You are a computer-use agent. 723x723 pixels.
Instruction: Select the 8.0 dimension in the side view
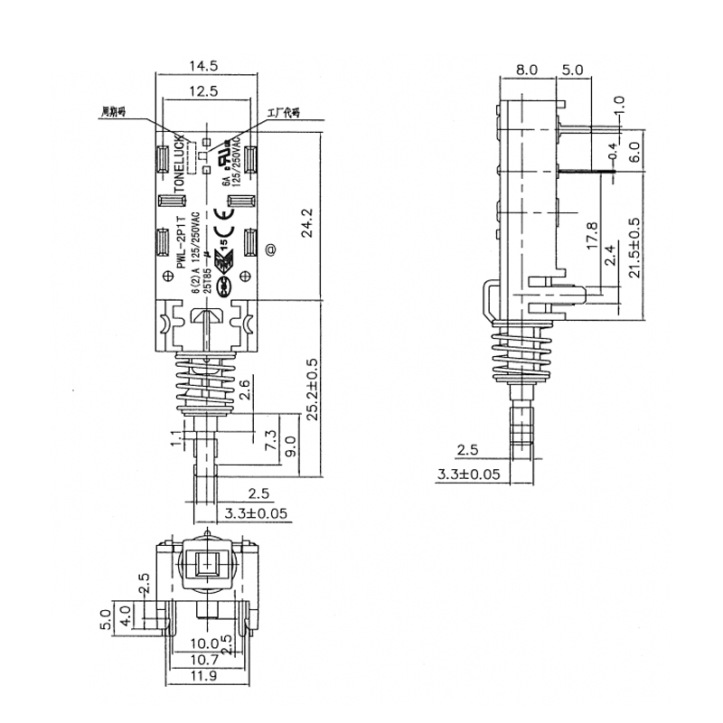[528, 69]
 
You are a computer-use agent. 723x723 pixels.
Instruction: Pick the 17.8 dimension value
[591, 237]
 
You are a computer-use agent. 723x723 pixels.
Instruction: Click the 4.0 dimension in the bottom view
[126, 616]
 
